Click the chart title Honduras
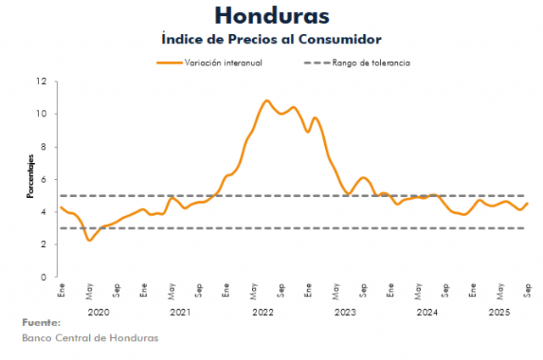[x=271, y=15]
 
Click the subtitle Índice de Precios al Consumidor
[x=271, y=39]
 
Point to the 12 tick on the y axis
[x=42, y=82]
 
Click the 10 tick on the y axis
[x=42, y=114]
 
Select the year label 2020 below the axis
[x=100, y=312]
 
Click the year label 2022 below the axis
[x=263, y=312]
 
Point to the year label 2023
[x=345, y=312]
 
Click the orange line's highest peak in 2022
[x=266, y=100]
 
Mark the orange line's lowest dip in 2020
[x=89, y=240]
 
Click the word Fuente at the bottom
[x=42, y=323]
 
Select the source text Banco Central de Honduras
[x=90, y=338]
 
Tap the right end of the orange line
[x=528, y=203]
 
